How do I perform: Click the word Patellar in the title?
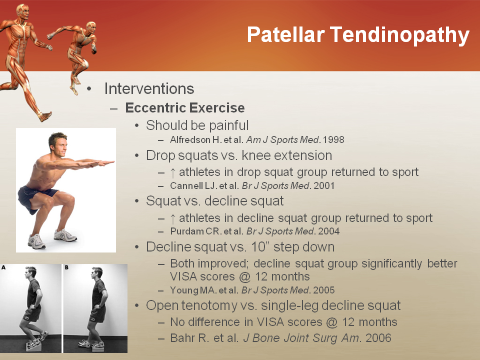click(x=286, y=34)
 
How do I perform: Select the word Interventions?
click(x=149, y=89)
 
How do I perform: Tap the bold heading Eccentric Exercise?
click(x=185, y=108)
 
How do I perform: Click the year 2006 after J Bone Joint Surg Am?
click(x=378, y=338)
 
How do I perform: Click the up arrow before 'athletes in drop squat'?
click(x=172, y=173)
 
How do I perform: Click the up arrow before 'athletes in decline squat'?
click(x=172, y=219)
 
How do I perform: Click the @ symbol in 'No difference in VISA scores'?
click(x=332, y=322)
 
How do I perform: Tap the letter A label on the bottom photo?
click(x=3, y=267)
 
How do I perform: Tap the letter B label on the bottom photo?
click(x=66, y=267)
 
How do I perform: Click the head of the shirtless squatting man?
click(x=58, y=144)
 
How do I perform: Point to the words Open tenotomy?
click(x=191, y=306)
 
